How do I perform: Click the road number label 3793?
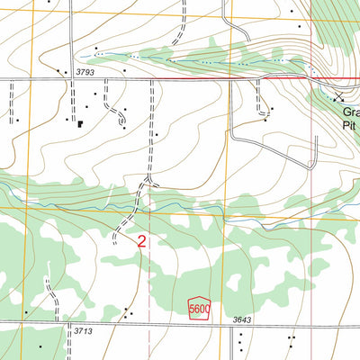(85, 71)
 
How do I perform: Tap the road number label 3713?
(84, 331)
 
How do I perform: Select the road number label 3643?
(240, 319)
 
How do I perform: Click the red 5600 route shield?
(198, 309)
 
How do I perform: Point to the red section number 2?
(142, 241)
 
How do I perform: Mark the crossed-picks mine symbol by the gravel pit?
(339, 96)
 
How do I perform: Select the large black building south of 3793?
(80, 123)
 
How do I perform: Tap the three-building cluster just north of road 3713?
(128, 314)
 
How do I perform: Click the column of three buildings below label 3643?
(240, 341)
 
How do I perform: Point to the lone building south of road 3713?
(26, 346)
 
